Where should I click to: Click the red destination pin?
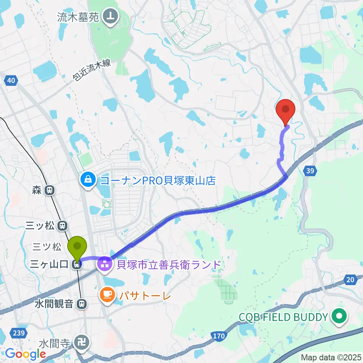286,110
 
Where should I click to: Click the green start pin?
77,247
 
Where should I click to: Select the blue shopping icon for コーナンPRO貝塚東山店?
88,179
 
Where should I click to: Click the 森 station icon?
49,191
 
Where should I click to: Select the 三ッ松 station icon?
63,226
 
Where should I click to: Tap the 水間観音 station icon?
81,303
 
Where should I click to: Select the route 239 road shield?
20,333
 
